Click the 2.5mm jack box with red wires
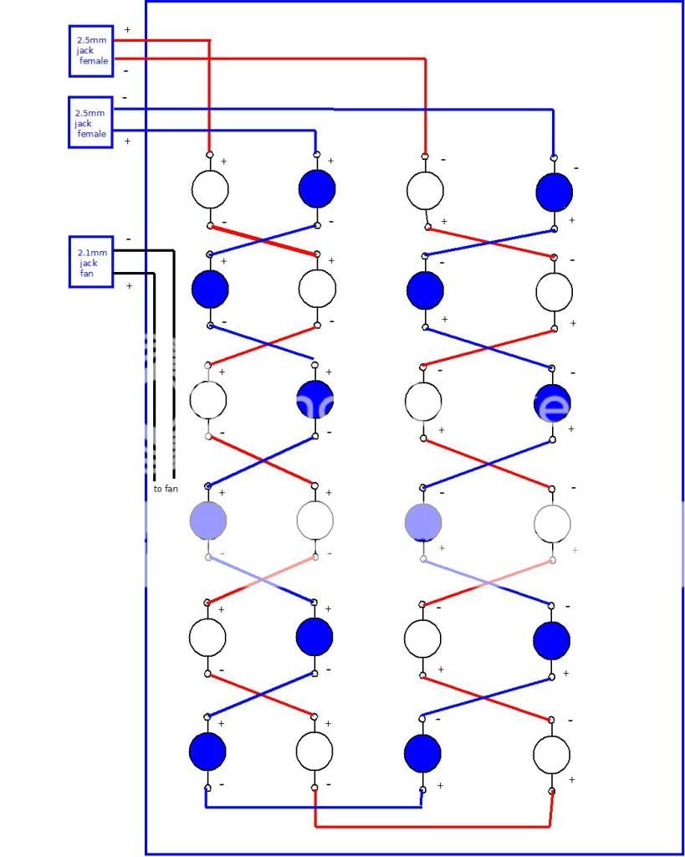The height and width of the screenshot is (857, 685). point(90,50)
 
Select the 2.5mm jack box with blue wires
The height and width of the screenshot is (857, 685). point(90,122)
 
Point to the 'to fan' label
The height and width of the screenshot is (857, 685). point(166,489)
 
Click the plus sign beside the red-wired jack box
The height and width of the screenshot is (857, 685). point(127,30)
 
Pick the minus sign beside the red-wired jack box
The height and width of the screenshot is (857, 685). point(125,71)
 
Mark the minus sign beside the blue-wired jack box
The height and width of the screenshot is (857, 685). point(125,98)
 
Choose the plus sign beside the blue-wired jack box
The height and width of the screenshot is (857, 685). point(127,141)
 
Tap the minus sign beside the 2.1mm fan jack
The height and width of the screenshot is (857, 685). point(128,239)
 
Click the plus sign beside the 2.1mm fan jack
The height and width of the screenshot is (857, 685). point(129,286)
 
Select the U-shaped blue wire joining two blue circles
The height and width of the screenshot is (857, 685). point(314,807)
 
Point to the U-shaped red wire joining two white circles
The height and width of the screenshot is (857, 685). point(432,826)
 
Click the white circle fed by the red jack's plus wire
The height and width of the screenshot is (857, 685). point(209,189)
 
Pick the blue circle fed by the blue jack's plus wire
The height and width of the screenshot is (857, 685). point(317,189)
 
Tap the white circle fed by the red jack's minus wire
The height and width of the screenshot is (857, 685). point(424,191)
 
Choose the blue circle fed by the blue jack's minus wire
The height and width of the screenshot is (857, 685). point(554,192)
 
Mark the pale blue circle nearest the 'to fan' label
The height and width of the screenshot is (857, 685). point(208,521)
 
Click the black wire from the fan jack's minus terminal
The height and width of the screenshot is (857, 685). point(173,360)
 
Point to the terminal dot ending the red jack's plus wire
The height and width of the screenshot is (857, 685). point(209,155)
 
